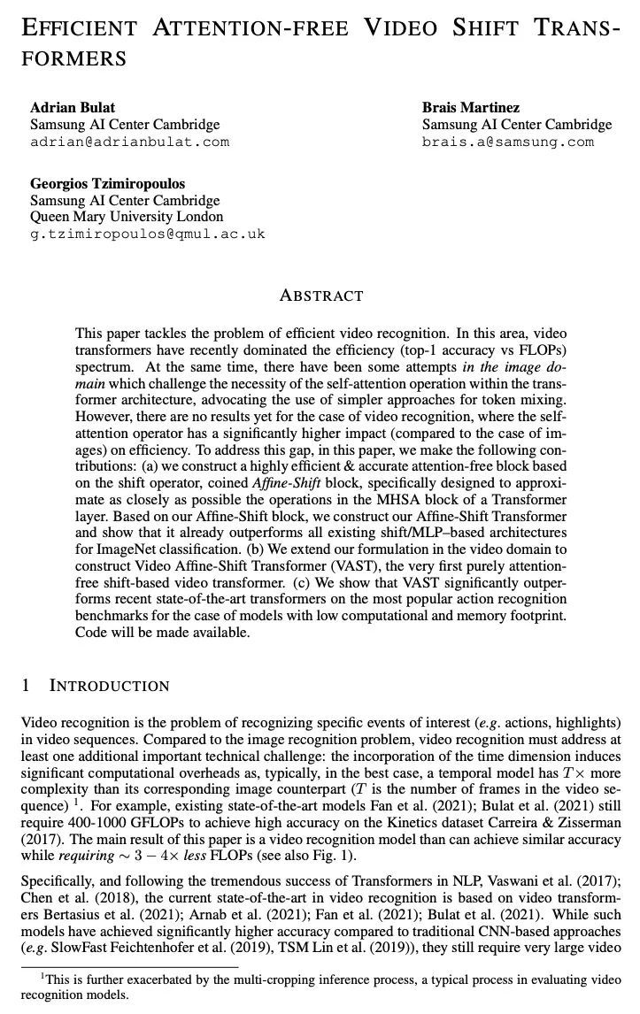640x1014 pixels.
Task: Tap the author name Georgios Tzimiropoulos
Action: (107, 184)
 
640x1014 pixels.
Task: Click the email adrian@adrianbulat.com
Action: (129, 142)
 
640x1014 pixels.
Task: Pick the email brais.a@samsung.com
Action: (507, 142)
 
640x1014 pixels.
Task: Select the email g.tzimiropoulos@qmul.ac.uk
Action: (147, 234)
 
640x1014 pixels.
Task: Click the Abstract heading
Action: (320, 296)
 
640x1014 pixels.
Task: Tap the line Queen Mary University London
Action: (127, 217)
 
